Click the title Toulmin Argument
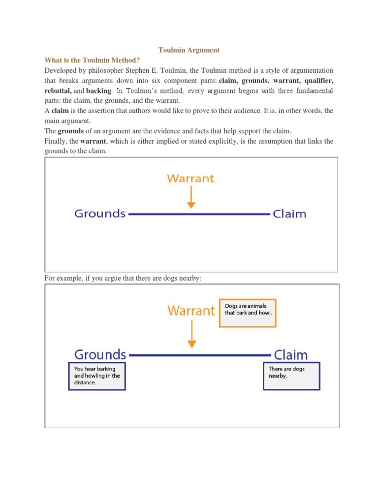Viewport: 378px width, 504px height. click(189, 50)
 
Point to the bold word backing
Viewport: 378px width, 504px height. click(99, 91)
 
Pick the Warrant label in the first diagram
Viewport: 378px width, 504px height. click(190, 179)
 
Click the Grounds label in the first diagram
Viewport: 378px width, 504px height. click(100, 214)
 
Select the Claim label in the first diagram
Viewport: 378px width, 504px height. click(289, 214)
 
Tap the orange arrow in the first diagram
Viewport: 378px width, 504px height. click(191, 198)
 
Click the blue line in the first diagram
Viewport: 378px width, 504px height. click(199, 215)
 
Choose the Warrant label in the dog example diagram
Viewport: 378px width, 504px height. click(191, 311)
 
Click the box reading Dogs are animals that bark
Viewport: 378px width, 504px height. click(247, 313)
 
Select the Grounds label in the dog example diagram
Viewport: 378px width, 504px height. click(100, 354)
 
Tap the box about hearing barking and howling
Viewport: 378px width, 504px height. click(97, 377)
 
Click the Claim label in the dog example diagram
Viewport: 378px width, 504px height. click(290, 355)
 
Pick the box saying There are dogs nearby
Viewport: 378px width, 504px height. click(291, 376)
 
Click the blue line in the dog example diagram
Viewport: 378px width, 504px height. click(199, 355)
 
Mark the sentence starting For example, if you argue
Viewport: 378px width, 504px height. click(123, 279)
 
